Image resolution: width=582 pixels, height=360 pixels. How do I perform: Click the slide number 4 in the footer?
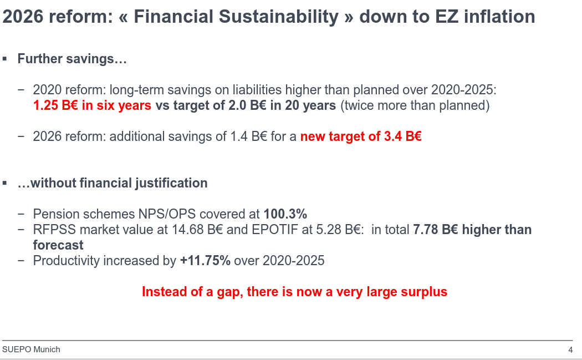570,350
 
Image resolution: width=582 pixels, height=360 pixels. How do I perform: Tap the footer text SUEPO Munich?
31,349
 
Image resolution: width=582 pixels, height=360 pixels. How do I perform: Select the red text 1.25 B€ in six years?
92,105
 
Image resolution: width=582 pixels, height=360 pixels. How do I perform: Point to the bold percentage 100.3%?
285,214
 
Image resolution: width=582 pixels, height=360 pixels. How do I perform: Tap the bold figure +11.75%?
205,260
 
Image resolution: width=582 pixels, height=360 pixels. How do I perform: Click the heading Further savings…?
72,59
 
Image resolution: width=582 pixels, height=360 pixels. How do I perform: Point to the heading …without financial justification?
113,183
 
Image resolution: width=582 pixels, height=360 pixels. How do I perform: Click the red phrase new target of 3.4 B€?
361,136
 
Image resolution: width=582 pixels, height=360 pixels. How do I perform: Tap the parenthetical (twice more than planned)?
415,105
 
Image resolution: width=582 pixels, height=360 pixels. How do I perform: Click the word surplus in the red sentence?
424,292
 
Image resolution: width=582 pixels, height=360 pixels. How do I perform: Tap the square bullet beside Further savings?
6,59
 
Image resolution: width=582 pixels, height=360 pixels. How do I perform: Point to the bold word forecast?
58,245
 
